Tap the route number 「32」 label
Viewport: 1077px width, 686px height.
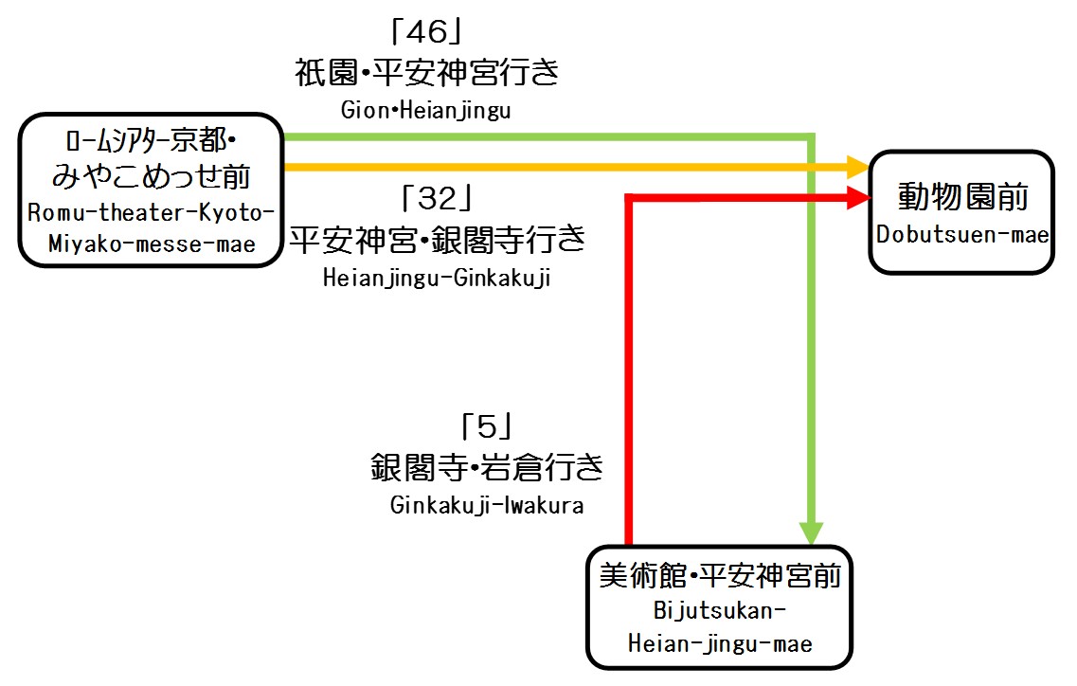437,200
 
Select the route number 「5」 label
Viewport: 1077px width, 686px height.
486,428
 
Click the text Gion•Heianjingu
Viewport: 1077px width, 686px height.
426,110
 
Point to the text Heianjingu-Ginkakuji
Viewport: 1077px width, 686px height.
437,279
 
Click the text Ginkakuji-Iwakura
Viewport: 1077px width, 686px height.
487,505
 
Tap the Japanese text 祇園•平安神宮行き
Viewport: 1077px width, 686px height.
427,73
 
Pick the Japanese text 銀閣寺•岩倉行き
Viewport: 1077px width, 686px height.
487,467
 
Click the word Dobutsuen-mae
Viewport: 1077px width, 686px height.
962,234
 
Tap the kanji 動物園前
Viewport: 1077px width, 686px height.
962,197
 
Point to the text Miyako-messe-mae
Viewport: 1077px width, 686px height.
152,244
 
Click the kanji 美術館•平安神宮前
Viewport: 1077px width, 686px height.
720,575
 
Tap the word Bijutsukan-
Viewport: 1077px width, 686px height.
720,609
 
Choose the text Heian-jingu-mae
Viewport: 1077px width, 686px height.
720,643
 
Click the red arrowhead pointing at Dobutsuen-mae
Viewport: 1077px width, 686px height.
858,197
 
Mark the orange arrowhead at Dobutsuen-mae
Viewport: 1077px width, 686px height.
858,168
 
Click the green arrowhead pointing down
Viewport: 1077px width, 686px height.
812,532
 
